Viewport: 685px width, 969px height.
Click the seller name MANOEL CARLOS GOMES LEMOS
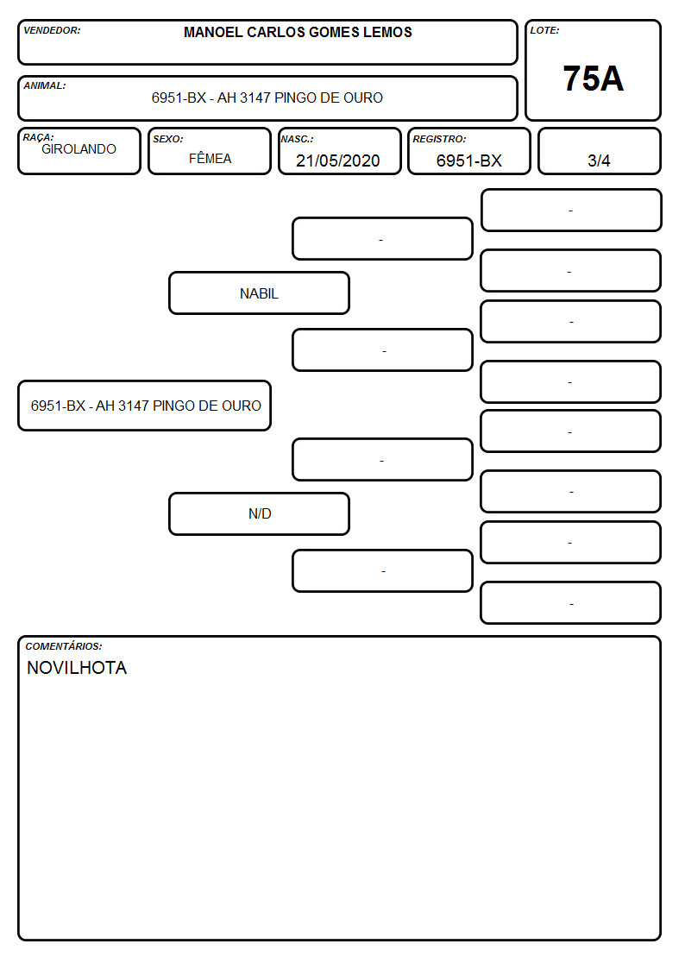(298, 32)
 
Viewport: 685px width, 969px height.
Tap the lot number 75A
(593, 79)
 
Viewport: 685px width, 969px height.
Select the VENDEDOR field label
(52, 30)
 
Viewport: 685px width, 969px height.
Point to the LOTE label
(544, 30)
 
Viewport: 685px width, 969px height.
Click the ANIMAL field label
(45, 86)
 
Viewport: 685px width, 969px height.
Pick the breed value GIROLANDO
(79, 149)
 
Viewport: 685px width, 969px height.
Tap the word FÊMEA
(210, 158)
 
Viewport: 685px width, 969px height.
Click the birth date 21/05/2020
(338, 160)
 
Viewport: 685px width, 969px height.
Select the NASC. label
(297, 140)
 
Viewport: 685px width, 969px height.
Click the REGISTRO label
(439, 140)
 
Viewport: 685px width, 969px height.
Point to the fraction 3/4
(599, 160)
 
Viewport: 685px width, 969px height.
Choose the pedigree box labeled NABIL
(259, 293)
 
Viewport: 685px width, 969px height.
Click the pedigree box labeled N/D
(259, 513)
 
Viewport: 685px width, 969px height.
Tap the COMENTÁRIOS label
(64, 646)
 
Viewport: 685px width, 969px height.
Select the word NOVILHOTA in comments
(77, 668)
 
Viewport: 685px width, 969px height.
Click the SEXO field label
(168, 140)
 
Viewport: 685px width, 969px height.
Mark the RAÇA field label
(38, 138)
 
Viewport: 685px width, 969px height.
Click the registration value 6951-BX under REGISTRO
(468, 160)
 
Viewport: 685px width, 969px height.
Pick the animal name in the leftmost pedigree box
(146, 406)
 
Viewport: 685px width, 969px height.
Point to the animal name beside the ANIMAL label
(267, 98)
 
